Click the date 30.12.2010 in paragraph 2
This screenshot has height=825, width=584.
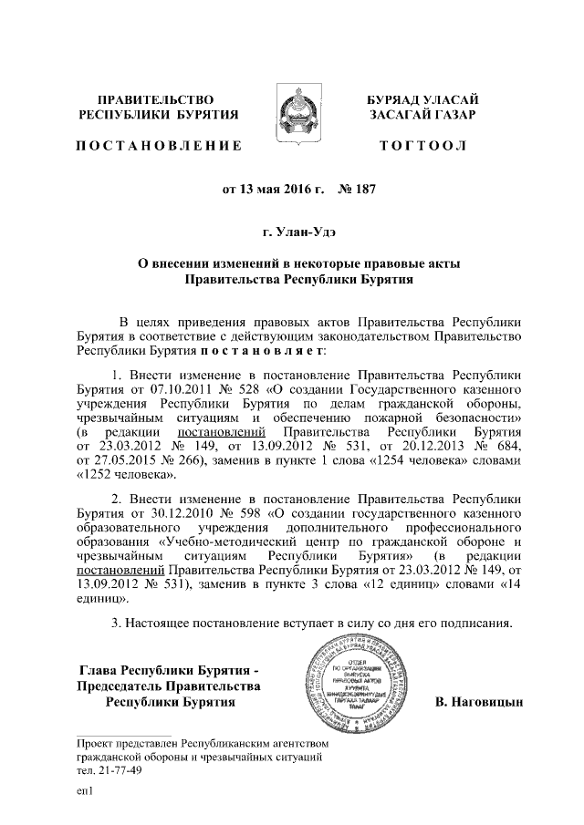pos(169,514)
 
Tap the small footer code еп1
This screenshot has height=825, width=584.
pos(86,793)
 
